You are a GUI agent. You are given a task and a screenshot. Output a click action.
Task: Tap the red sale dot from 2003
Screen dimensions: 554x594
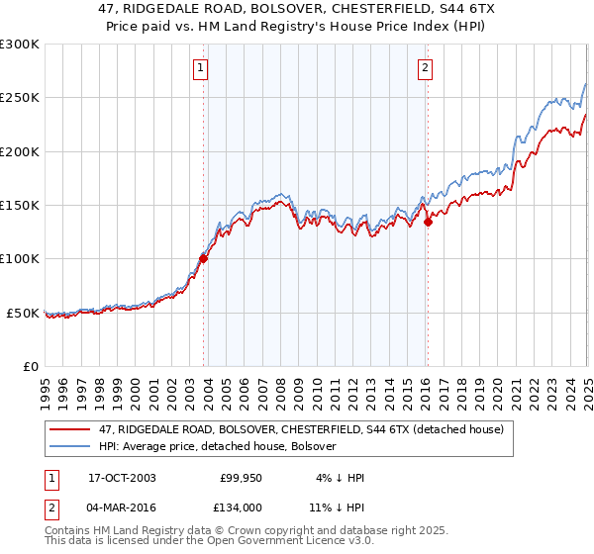click(x=203, y=259)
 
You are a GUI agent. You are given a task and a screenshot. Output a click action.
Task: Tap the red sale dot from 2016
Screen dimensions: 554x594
click(x=428, y=223)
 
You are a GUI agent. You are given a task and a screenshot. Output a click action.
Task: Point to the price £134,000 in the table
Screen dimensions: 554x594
click(x=241, y=507)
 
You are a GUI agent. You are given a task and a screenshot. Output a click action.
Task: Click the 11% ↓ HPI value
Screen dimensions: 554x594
click(x=337, y=507)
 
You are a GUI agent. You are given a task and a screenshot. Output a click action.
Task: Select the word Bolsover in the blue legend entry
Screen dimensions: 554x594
click(x=314, y=446)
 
